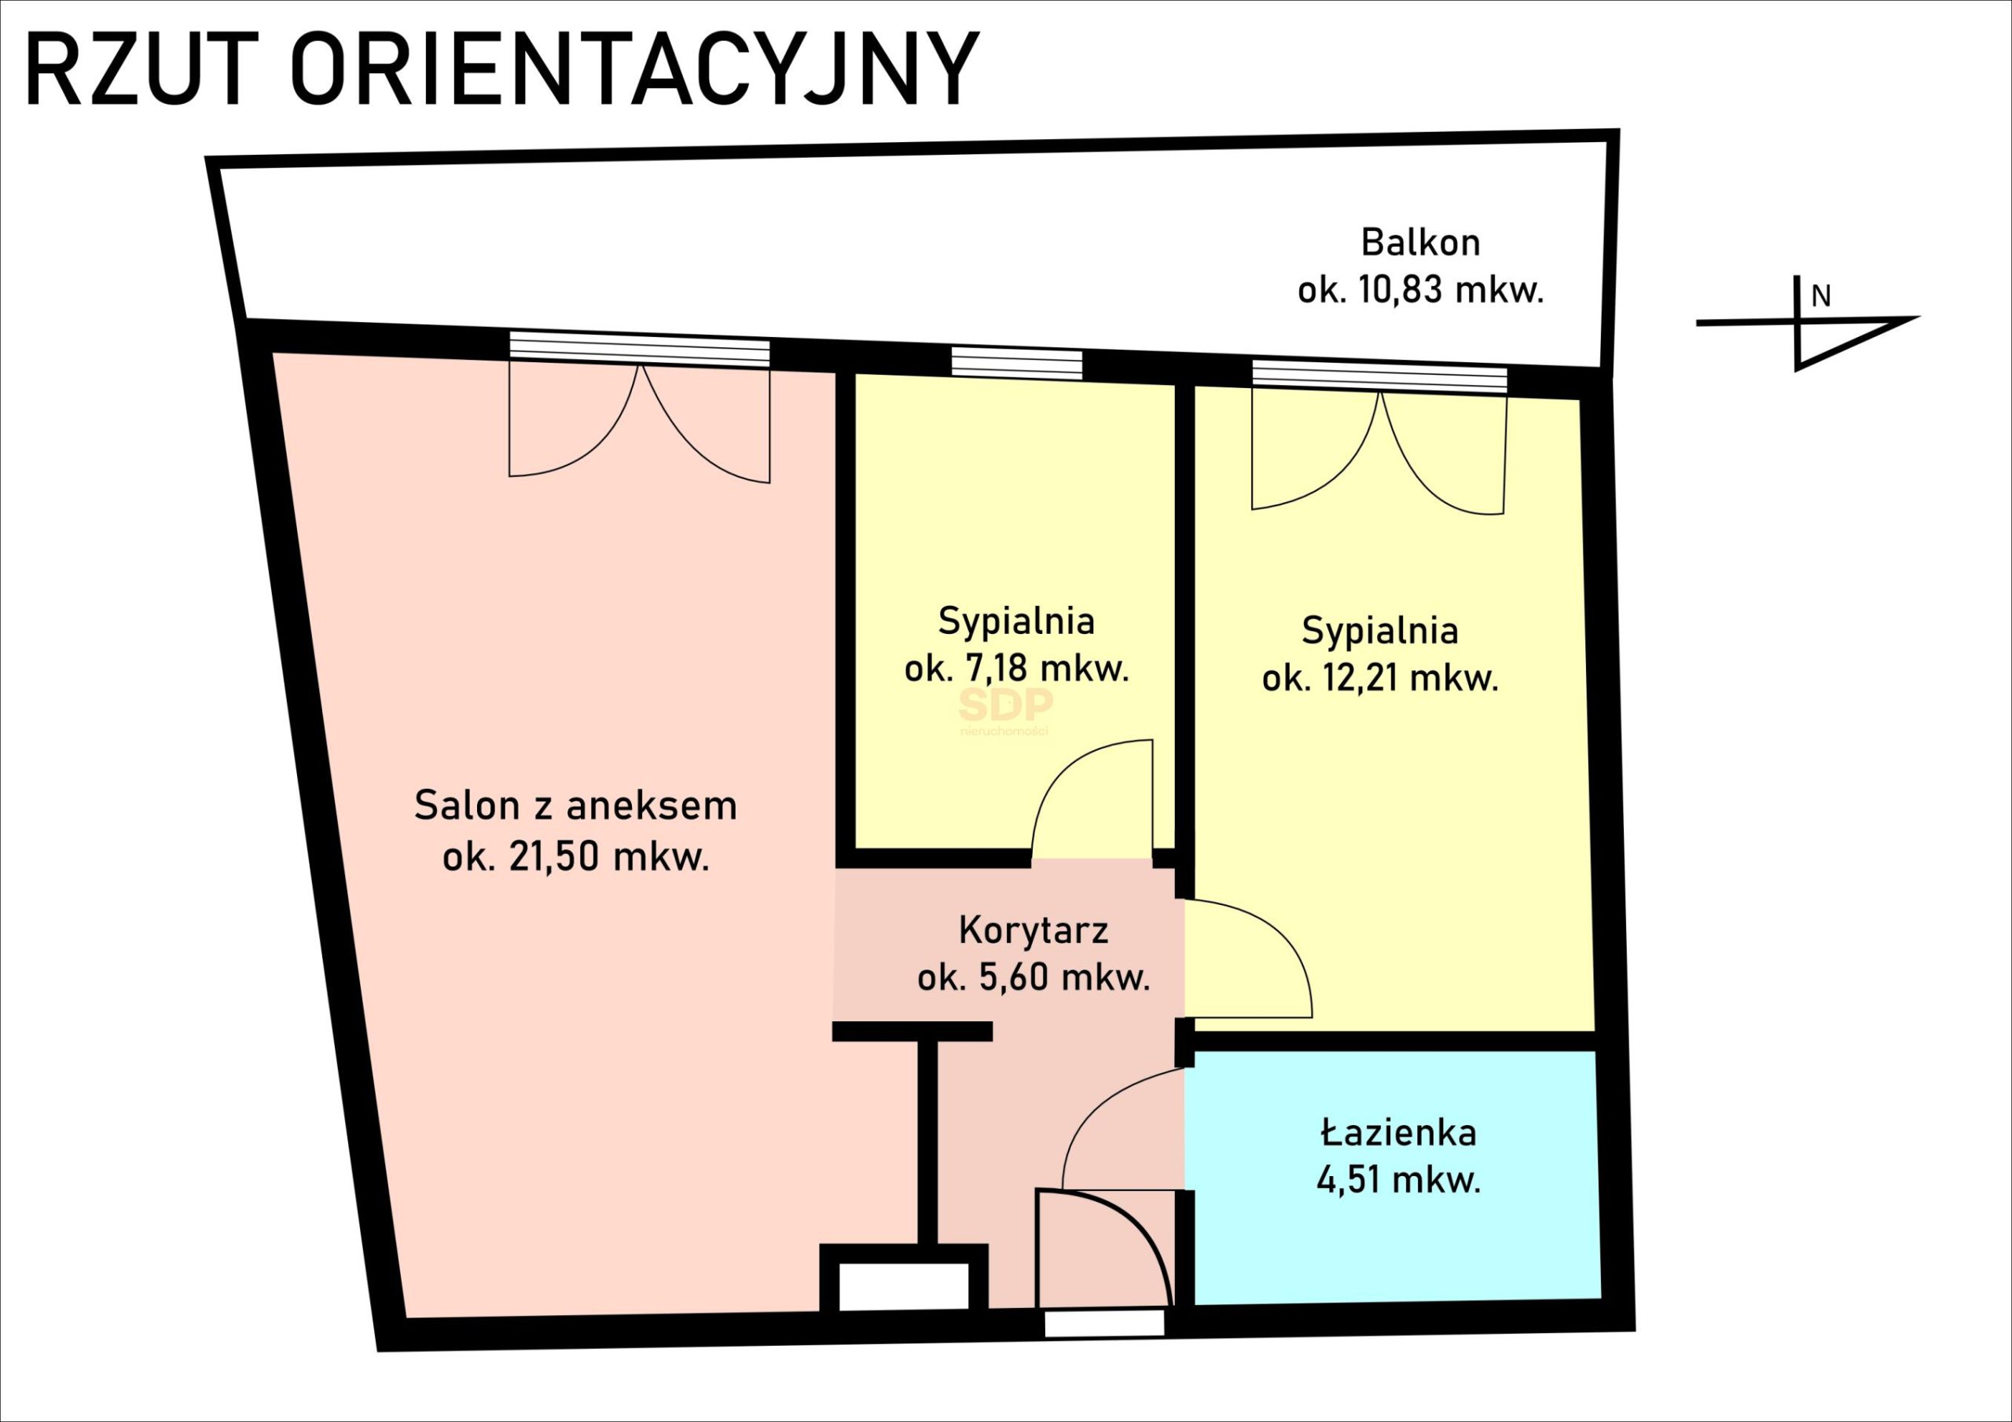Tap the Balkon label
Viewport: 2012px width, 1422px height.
(x=1419, y=243)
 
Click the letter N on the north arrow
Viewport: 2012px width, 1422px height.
(x=1821, y=297)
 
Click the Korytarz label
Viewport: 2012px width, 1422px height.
(x=1034, y=930)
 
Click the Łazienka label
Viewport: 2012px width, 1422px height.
(x=1399, y=1134)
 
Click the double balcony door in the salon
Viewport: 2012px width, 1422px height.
(x=640, y=420)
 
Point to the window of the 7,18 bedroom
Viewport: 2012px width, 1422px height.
(x=1016, y=363)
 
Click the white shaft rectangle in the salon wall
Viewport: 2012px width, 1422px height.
(x=904, y=1285)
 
